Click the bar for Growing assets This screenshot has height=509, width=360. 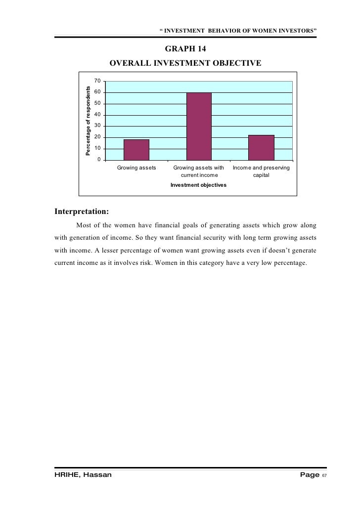click(136, 150)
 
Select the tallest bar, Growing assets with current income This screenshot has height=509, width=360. click(199, 126)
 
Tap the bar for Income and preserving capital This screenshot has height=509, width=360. click(261, 147)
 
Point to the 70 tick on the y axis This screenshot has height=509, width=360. click(98, 81)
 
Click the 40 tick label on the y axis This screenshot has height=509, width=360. click(98, 115)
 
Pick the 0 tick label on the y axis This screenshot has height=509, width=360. click(99, 160)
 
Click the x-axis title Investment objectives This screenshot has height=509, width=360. click(198, 185)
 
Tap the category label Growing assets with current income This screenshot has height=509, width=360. click(198, 171)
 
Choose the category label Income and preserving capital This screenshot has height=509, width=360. click(261, 171)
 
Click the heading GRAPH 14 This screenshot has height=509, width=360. click(185, 50)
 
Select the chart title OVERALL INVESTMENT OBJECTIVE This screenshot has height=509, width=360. click(185, 63)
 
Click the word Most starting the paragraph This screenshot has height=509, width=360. click(85, 225)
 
